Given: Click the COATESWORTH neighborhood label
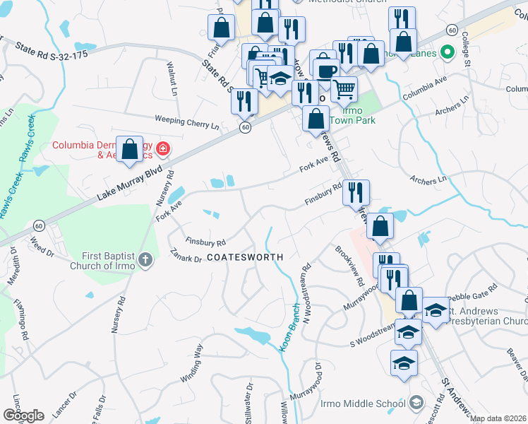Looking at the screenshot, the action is click(x=245, y=257).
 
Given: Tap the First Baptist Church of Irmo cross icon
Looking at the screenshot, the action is click(x=145, y=259).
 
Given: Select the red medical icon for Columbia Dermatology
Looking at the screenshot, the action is click(x=163, y=148).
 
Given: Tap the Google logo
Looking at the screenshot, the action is click(x=23, y=416).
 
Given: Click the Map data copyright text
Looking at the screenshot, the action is click(x=498, y=418).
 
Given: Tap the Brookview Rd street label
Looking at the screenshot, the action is click(x=350, y=266).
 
